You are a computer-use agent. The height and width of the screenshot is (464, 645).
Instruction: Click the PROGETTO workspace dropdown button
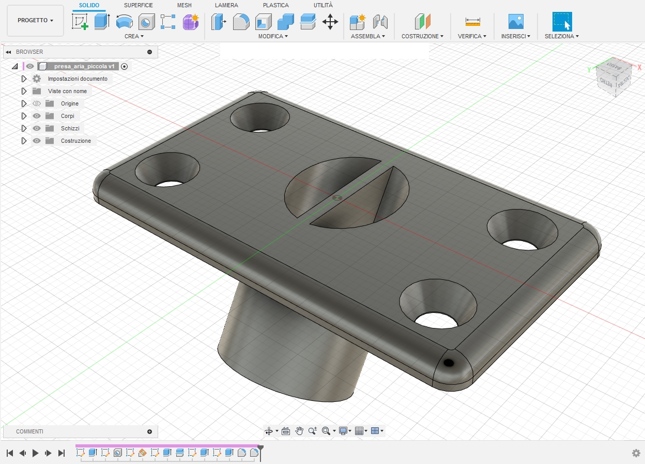(x=35, y=21)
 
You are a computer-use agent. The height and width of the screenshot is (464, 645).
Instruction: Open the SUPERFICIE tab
(x=138, y=5)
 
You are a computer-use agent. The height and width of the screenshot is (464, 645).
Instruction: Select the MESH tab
(x=185, y=5)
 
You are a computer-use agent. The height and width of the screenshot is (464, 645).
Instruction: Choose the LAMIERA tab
(x=226, y=5)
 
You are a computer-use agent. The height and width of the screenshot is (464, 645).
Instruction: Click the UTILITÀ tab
(x=323, y=5)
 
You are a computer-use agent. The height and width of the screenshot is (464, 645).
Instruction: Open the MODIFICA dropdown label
(x=273, y=36)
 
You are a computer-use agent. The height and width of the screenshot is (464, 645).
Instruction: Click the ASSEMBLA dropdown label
(x=367, y=36)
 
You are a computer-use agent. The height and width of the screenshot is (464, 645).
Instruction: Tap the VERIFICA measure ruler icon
(x=472, y=22)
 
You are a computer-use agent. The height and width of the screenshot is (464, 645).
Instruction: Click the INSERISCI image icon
(x=516, y=21)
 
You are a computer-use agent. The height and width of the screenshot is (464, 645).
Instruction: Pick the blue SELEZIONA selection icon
(x=562, y=22)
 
